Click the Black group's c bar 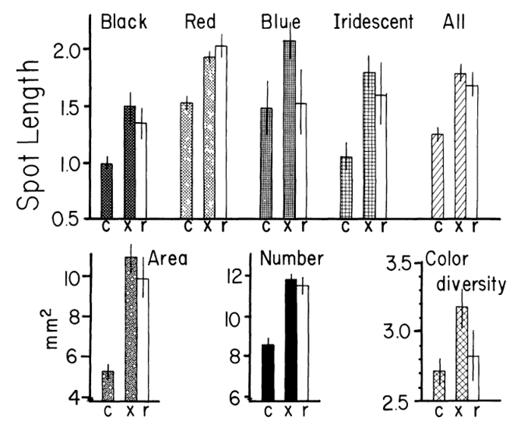click(x=107, y=190)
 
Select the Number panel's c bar click(x=267, y=372)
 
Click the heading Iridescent click(x=373, y=22)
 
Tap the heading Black click(x=123, y=22)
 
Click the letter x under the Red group click(x=210, y=225)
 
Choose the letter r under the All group click(x=475, y=225)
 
